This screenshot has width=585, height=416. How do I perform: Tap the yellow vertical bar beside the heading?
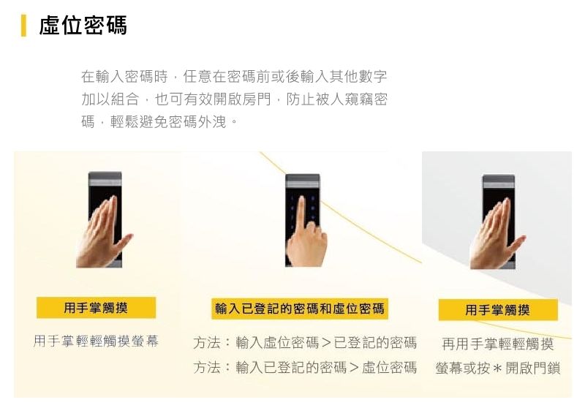pyautogui.click(x=24, y=25)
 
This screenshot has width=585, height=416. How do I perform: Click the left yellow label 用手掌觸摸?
pyautogui.click(x=96, y=308)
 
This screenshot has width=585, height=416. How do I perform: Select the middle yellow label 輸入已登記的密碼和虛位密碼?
pyautogui.click(x=299, y=309)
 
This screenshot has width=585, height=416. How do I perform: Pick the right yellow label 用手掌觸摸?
pyautogui.click(x=497, y=310)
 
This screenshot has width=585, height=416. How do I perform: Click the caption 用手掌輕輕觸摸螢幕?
pyautogui.click(x=96, y=341)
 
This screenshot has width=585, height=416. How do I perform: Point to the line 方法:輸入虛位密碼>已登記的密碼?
pyautogui.click(x=305, y=343)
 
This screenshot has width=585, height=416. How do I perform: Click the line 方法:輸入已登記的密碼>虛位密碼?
pyautogui.click(x=305, y=367)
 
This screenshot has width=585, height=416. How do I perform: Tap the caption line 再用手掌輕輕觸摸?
pyautogui.click(x=497, y=344)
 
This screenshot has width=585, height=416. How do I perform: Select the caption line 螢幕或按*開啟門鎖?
pyautogui.click(x=497, y=368)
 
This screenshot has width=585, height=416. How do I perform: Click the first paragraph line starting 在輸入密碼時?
pyautogui.click(x=234, y=76)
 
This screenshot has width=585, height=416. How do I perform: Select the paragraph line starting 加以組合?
pyautogui.click(x=234, y=99)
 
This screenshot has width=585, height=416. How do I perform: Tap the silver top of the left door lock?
pyautogui.click(x=105, y=178)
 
